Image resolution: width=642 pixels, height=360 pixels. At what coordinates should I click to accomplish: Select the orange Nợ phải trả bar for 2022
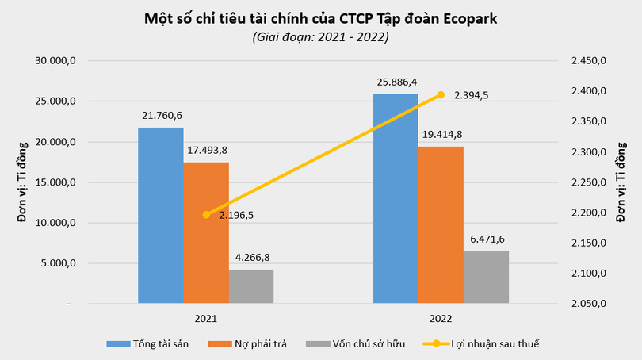(x=441, y=224)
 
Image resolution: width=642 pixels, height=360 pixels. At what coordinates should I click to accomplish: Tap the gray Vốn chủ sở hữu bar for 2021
(x=251, y=286)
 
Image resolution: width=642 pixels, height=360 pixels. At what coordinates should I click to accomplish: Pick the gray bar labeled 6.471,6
(x=486, y=277)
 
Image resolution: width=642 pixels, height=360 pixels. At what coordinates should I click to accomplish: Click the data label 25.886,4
(x=396, y=82)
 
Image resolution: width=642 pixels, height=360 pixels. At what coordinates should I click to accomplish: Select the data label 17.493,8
(x=206, y=149)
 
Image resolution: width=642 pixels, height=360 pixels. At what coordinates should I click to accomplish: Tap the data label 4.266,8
(x=251, y=257)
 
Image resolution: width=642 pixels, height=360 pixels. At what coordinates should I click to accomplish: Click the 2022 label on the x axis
(x=441, y=318)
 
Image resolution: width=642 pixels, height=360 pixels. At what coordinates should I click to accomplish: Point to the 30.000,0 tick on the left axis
(x=56, y=61)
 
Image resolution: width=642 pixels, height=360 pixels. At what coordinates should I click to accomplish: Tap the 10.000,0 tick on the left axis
(x=56, y=224)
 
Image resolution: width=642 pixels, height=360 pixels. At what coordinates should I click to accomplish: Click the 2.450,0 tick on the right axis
(x=587, y=61)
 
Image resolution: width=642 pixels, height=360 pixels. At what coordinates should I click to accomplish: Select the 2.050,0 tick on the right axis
(x=587, y=304)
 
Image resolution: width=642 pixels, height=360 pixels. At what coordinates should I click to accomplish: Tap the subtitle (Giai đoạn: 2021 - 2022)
(x=320, y=36)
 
